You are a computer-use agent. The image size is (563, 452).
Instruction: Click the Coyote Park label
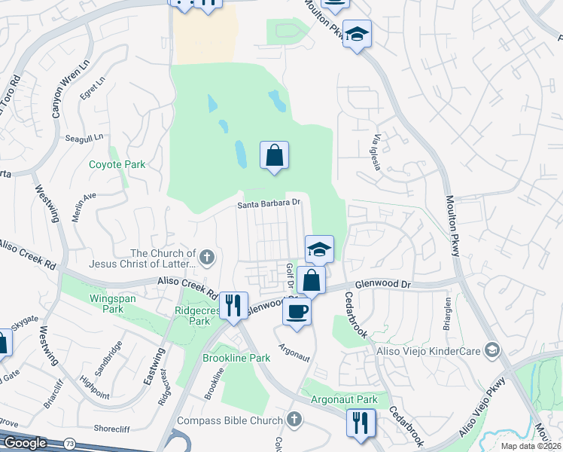117,164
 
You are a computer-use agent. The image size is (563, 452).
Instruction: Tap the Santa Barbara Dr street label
269,203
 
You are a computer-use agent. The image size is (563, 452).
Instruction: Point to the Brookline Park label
236,358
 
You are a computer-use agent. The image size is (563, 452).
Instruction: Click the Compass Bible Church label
228,420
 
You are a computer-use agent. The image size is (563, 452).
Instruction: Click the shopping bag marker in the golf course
274,156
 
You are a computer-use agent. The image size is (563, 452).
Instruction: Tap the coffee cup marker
297,311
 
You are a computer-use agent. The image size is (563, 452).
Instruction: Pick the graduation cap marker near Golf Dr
319,249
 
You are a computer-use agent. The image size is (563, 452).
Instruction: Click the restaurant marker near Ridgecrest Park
233,305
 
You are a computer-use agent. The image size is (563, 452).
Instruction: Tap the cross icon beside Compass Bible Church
294,419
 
